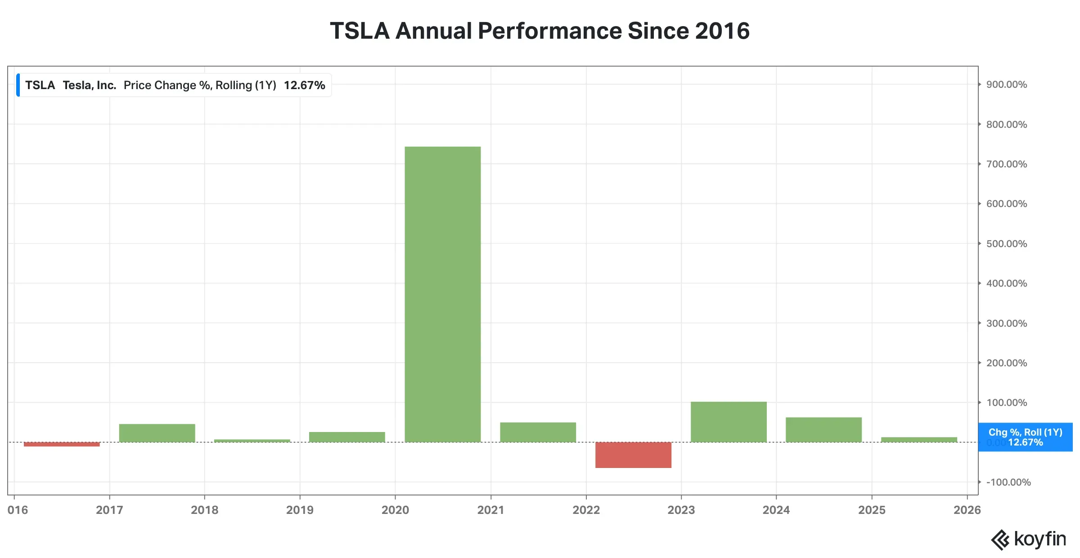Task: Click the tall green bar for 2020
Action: tap(442, 294)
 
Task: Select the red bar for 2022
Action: tap(633, 455)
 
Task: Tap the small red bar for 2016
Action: tap(62, 444)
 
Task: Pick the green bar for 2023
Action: tap(729, 422)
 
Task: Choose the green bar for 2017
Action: tap(157, 433)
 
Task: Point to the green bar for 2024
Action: tap(823, 430)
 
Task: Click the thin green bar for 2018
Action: tap(252, 441)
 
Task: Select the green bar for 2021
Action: tap(538, 432)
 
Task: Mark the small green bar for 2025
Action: tap(919, 440)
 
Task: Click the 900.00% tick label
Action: tap(1006, 85)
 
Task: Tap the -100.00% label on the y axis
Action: tap(1008, 482)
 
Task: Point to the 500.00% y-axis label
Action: tap(1006, 243)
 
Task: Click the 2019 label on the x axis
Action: tap(300, 510)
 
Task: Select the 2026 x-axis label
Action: tap(967, 510)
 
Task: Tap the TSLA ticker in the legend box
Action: tap(40, 85)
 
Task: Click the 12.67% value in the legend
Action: tap(304, 85)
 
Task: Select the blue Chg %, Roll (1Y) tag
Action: tap(1026, 437)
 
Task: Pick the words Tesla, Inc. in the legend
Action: tap(90, 85)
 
